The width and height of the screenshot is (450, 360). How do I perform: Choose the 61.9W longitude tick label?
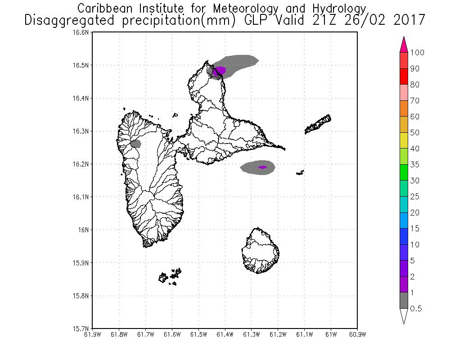[x=92, y=334]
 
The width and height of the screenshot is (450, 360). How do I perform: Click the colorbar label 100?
[x=418, y=53]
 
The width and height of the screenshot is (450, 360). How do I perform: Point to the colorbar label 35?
[x=415, y=165]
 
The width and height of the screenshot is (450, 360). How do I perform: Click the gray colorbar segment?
[x=404, y=300]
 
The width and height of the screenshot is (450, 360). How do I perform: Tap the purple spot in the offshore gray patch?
[x=262, y=167]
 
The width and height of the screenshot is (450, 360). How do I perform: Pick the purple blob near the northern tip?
[x=220, y=70]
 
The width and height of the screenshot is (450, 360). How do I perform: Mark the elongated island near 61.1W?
[x=318, y=124]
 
